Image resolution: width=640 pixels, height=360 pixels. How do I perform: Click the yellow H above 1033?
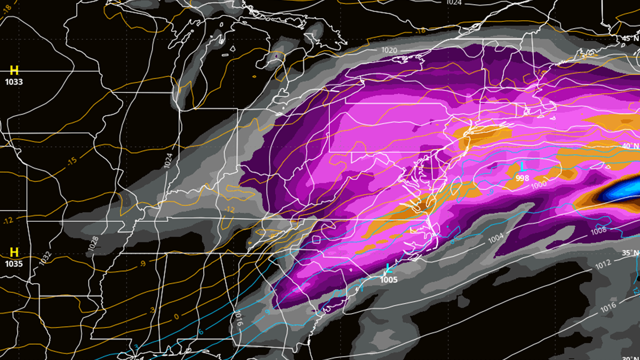[x=14, y=70]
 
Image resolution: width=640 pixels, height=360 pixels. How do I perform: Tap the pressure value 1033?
[x=14, y=82]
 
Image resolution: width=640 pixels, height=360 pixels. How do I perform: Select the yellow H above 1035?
[x=14, y=252]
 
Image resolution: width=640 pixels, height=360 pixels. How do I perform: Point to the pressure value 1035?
[x=14, y=263]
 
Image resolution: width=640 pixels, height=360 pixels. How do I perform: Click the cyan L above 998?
[x=523, y=167]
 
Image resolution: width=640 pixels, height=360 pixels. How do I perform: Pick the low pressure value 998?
[x=523, y=178]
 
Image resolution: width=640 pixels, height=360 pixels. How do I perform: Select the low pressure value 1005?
[x=388, y=278]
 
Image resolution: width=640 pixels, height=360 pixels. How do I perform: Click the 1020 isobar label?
[x=389, y=50]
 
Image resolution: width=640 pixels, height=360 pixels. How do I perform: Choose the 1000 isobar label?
[x=539, y=185]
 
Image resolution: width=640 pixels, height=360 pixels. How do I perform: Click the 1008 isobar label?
[x=598, y=231]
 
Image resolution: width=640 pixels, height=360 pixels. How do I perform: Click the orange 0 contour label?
[x=176, y=317]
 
